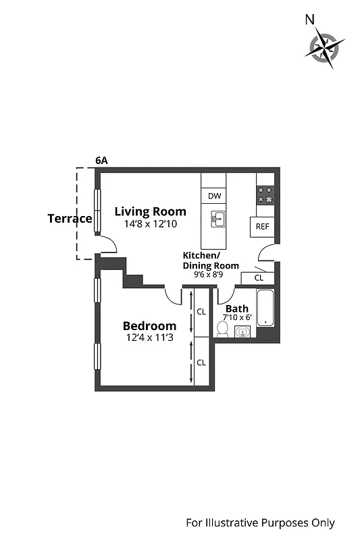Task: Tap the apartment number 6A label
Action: pyautogui.click(x=101, y=161)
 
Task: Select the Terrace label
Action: pyautogui.click(x=70, y=219)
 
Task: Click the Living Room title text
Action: pyautogui.click(x=150, y=211)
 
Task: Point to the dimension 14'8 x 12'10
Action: pyautogui.click(x=150, y=223)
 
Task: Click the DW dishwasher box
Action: pyautogui.click(x=214, y=196)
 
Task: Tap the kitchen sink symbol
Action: pyautogui.click(x=217, y=220)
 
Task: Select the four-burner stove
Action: pyautogui.click(x=265, y=196)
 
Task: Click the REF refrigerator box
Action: pyautogui.click(x=262, y=227)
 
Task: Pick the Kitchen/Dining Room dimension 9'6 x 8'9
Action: pyautogui.click(x=211, y=275)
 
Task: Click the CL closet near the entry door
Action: pyautogui.click(x=259, y=277)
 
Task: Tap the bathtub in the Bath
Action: pyautogui.click(x=265, y=308)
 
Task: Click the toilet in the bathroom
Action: pyautogui.click(x=222, y=329)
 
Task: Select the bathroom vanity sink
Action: pyautogui.click(x=242, y=331)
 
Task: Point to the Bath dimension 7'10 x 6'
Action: pyautogui.click(x=236, y=317)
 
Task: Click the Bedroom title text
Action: pyautogui.click(x=149, y=326)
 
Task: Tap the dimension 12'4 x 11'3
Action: pyautogui.click(x=149, y=338)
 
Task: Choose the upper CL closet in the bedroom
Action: pyautogui.click(x=201, y=312)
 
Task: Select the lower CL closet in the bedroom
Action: pyautogui.click(x=201, y=362)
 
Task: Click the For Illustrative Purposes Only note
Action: pyautogui.click(x=260, y=522)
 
